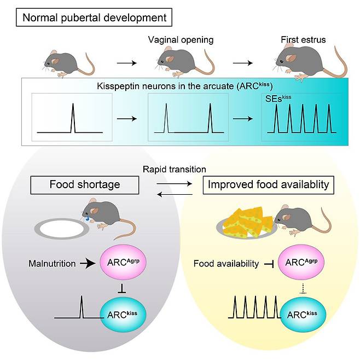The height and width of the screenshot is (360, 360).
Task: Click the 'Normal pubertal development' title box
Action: [x=94, y=18]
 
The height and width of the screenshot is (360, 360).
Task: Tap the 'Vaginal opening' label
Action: [x=181, y=40]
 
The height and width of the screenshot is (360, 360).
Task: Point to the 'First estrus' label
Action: [x=303, y=40]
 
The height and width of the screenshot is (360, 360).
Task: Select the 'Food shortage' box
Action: [x=85, y=185]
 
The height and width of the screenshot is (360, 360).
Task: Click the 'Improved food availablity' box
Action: [x=269, y=185]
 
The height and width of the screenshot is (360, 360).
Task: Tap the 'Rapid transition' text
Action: [x=175, y=169]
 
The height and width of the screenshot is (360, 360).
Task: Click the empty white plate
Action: [x=62, y=229]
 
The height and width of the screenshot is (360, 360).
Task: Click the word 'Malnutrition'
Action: [x=52, y=263]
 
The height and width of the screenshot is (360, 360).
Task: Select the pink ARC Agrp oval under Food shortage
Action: [x=123, y=262]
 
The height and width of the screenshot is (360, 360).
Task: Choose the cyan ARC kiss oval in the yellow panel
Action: [x=303, y=314]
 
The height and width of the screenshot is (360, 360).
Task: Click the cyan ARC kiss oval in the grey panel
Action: [x=123, y=314]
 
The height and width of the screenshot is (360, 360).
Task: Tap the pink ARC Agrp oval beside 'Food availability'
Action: [x=301, y=262]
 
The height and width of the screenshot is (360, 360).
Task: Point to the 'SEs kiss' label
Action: [x=278, y=98]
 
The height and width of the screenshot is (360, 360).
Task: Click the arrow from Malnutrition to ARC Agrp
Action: [x=88, y=263]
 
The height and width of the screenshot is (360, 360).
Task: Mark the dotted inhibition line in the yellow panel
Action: [x=303, y=289]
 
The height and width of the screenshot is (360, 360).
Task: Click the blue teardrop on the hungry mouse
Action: [x=87, y=218]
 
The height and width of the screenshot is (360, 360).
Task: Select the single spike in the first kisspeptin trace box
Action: [x=73, y=118]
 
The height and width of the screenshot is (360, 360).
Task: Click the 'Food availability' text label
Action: [x=226, y=264]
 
